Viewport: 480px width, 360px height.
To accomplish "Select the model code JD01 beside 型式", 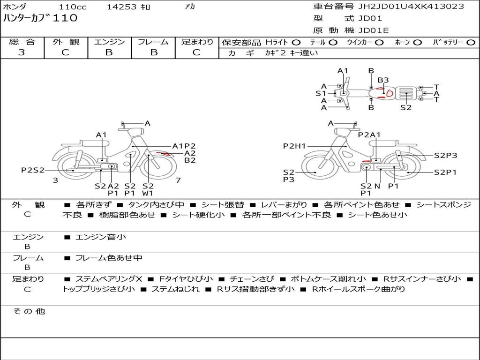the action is coord(370,18).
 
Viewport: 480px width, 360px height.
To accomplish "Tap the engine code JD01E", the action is coord(374,30).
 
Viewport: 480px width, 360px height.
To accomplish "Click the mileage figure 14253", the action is coord(121,7).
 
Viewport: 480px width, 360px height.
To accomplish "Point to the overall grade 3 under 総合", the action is coord(22,52).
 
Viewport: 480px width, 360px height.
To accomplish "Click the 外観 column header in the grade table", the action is coord(66,42).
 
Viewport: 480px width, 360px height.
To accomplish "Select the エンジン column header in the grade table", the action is coord(109,42).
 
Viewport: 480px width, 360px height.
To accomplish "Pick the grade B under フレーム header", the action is coord(154,52).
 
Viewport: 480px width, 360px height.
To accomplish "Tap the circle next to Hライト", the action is coord(296,42).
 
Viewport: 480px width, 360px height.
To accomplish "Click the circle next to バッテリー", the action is coord(471,42).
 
